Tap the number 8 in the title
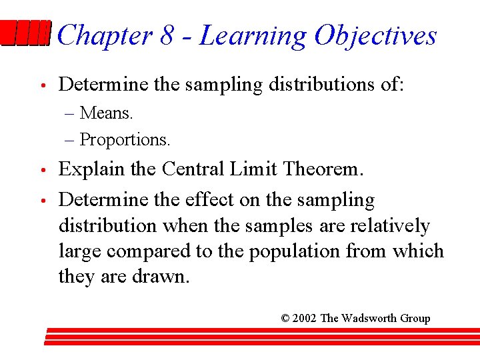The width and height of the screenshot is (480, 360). tap(167, 35)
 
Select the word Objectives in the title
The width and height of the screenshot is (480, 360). tap(375, 35)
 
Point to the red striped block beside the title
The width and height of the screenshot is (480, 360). tap(25, 33)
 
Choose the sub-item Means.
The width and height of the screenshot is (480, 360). tap(107, 113)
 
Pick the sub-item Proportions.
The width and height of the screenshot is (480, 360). tap(125, 139)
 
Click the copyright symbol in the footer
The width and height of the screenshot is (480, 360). tap(285, 318)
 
